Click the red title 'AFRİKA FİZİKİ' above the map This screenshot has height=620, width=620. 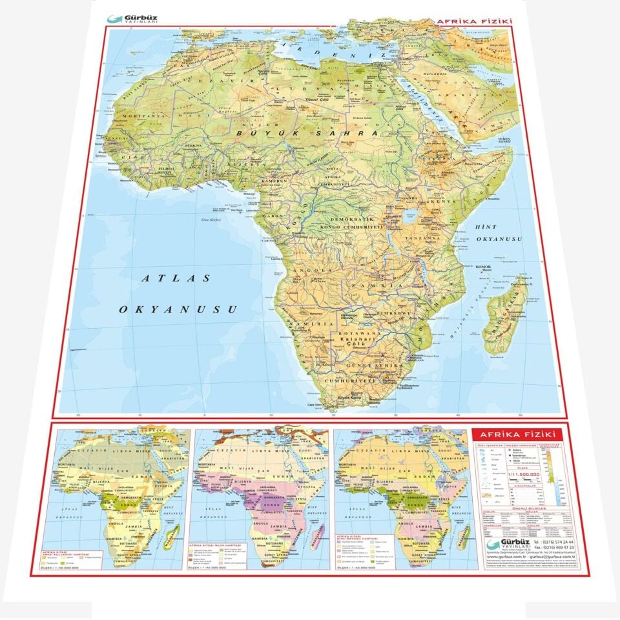click(x=475, y=21)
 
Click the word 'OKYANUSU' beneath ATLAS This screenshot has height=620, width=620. click(x=170, y=309)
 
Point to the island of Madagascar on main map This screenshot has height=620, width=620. click(x=507, y=316)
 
